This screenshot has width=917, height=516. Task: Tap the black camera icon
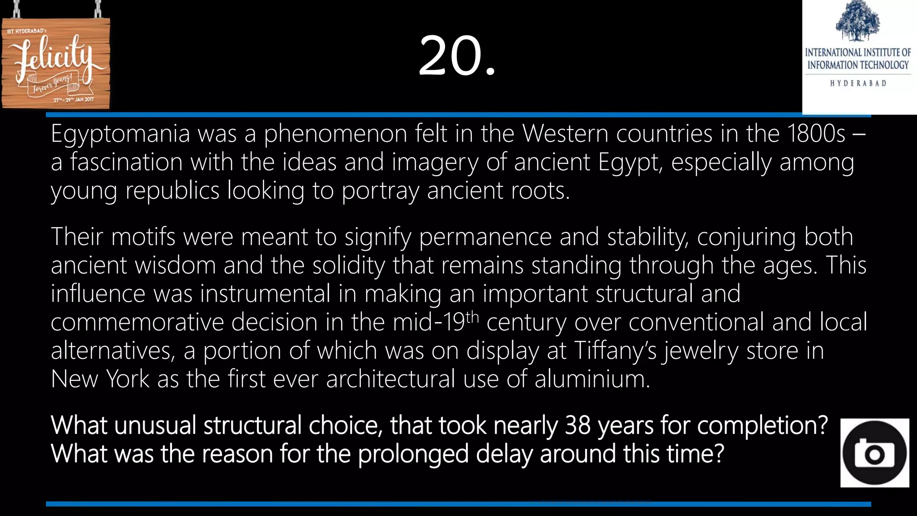pyautogui.click(x=874, y=453)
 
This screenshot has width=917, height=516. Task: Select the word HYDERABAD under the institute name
pyautogui.click(x=858, y=83)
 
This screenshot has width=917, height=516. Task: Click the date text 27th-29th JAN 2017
pyautogui.click(x=73, y=99)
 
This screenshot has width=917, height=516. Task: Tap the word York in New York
pyautogui.click(x=127, y=379)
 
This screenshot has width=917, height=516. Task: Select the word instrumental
pyautogui.click(x=265, y=294)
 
